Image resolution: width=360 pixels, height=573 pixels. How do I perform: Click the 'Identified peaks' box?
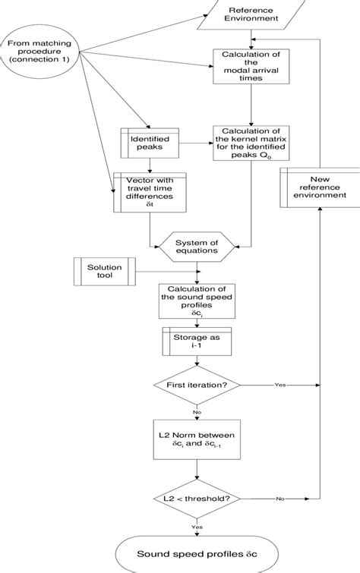(148, 142)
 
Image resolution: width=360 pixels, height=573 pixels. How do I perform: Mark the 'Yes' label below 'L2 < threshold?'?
(197, 524)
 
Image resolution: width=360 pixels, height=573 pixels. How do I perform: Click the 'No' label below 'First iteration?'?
(197, 412)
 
